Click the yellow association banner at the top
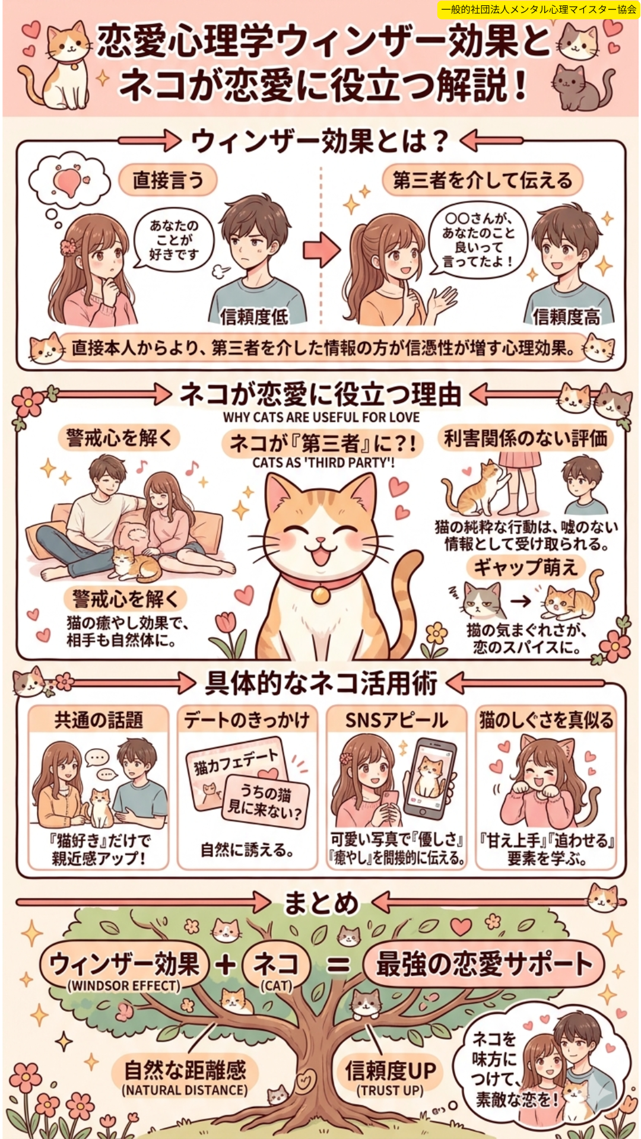pyautogui.click(x=538, y=9)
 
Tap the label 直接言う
pyautogui.click(x=167, y=180)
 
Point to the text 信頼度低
pyautogui.click(x=254, y=317)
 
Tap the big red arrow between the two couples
pyautogui.click(x=322, y=250)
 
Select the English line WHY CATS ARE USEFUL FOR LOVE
pyautogui.click(x=321, y=417)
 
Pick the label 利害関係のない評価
pyautogui.click(x=526, y=438)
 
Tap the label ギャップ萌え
pyautogui.click(x=525, y=567)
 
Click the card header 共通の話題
pyautogui.click(x=99, y=720)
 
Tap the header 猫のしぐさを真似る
pyautogui.click(x=546, y=720)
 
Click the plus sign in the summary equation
pyautogui.click(x=226, y=964)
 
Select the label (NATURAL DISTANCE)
pyautogui.click(x=185, y=1090)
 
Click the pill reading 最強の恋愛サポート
pyautogui.click(x=483, y=963)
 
